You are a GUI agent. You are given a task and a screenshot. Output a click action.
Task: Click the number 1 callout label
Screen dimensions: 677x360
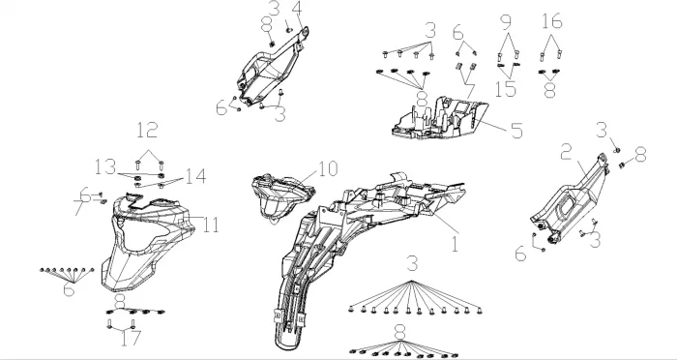coord(455,244)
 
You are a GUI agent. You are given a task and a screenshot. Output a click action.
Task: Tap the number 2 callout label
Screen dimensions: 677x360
coord(568,153)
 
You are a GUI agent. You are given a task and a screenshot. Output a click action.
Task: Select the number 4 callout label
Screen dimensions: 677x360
coord(297,8)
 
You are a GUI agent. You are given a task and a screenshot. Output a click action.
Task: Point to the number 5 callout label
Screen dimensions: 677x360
coord(516,131)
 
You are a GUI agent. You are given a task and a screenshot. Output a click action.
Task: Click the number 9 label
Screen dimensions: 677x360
coord(506,22)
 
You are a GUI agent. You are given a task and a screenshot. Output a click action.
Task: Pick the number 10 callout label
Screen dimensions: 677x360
coord(328,169)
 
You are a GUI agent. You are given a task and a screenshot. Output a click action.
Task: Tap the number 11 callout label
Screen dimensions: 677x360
coord(211,225)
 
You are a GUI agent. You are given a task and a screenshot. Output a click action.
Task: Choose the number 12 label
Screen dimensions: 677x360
coord(147,130)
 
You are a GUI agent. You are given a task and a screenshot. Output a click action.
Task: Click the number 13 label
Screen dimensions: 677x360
coord(105,166)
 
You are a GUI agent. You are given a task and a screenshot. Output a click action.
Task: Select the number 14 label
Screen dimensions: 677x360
coord(195,176)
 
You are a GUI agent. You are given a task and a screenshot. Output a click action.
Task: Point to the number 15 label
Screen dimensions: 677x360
coord(506,89)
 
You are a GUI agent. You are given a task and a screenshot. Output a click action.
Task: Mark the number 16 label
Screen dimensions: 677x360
coord(552,21)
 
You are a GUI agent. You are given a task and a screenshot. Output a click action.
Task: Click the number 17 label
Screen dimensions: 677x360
coord(131,338)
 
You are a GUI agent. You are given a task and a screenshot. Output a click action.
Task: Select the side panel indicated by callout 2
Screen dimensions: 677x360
coord(570,198)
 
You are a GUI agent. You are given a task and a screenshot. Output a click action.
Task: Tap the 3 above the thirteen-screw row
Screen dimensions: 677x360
coord(412,263)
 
